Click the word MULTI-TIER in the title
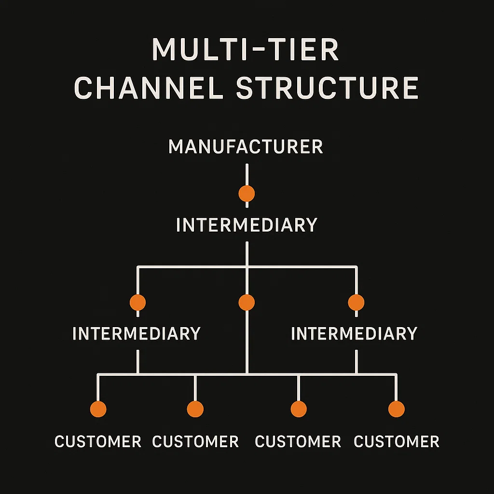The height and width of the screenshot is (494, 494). pos(246,50)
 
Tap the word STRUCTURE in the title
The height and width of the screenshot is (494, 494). pos(327,88)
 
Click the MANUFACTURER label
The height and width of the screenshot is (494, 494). pos(246,147)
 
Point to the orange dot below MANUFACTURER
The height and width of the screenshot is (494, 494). pos(247,193)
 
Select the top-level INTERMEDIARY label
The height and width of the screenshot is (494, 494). pos(247,225)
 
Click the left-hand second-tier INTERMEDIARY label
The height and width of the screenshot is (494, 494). pos(137,334)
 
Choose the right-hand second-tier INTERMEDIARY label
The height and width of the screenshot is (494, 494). pos(354,334)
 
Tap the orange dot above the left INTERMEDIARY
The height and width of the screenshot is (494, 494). pos(137,302)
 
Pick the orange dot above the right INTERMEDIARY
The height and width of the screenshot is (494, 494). pos(356,302)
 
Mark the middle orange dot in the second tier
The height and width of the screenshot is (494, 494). pos(247,302)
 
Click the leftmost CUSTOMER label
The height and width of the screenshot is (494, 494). pos(98,441)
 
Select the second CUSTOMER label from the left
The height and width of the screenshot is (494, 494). pos(195,441)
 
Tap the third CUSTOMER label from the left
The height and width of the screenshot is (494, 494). pos(298,441)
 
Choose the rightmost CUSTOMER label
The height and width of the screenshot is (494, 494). pos(397,441)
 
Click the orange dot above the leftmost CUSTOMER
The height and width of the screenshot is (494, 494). pos(98,409)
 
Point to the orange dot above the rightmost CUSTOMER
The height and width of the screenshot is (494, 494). pos(396,409)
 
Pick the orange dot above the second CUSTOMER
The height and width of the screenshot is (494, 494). pos(195,409)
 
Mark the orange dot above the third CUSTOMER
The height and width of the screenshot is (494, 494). pos(299,409)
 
